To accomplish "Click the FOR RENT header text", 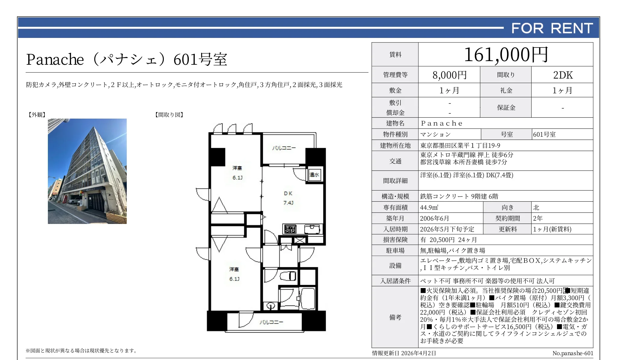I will [552, 28].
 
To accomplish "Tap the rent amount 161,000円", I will [506, 55].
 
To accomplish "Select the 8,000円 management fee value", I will [449, 75].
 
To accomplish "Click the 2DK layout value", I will [563, 75].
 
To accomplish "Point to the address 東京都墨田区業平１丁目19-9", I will [460, 146].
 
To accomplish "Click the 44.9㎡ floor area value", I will [429, 207].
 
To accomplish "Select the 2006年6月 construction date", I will [434, 218].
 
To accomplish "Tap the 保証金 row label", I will [506, 107].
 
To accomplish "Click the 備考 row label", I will [395, 317].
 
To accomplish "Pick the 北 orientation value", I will [536, 207].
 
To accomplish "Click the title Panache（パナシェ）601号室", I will [127, 59].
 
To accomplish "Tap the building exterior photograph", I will [87, 171].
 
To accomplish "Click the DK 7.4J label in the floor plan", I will [288, 198].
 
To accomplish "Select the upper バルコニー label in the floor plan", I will [284, 148].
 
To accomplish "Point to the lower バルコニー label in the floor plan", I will [271, 322].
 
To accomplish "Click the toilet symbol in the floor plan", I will [288, 276].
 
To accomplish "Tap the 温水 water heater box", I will [315, 175].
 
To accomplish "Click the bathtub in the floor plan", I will [307, 298].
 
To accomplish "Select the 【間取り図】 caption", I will [169, 115].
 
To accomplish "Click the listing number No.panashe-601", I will [573, 353].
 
